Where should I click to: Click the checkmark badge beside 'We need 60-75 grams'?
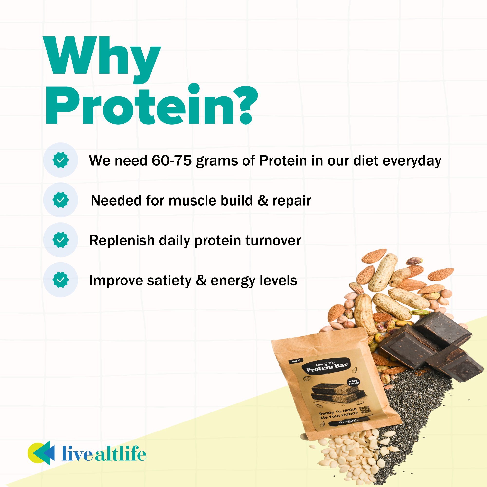point(60,160)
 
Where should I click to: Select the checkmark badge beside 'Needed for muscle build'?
point(60,200)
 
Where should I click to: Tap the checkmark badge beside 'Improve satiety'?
point(60,280)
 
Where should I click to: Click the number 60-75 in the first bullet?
point(171,160)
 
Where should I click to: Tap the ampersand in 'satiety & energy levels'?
point(201,280)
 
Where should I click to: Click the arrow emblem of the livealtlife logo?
point(42,453)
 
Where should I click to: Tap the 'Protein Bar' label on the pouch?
point(327,368)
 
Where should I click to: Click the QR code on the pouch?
point(365,410)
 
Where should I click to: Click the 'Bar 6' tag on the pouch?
point(296,361)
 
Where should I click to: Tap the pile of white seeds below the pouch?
point(353,456)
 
